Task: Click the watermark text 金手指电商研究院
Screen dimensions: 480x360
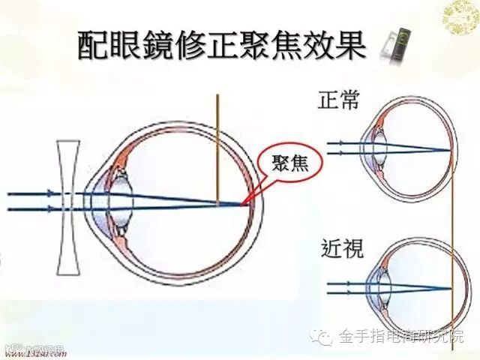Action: pyautogui.click(x=401, y=336)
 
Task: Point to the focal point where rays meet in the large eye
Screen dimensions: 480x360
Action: pyautogui.click(x=243, y=203)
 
